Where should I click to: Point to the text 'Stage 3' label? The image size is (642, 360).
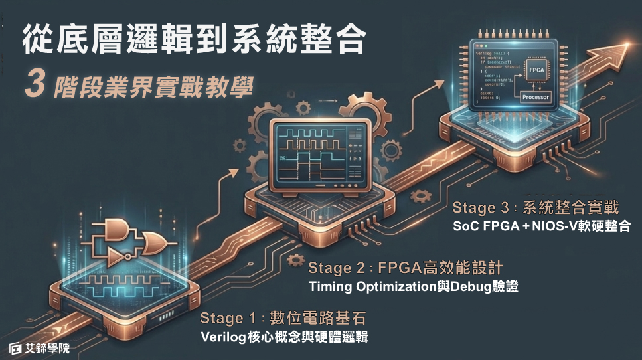pyautogui.click(x=483, y=208)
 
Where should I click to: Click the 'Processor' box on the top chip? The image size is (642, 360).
pyautogui.click(x=536, y=96)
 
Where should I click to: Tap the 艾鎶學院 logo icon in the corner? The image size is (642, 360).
pyautogui.click(x=16, y=348)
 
